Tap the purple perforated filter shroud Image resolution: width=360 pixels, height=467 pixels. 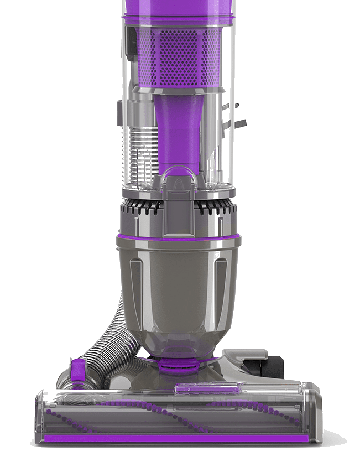click(x=178, y=55)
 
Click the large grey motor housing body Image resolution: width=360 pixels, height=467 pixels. click(x=178, y=288)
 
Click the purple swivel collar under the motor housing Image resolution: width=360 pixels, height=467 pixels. click(x=178, y=364)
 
